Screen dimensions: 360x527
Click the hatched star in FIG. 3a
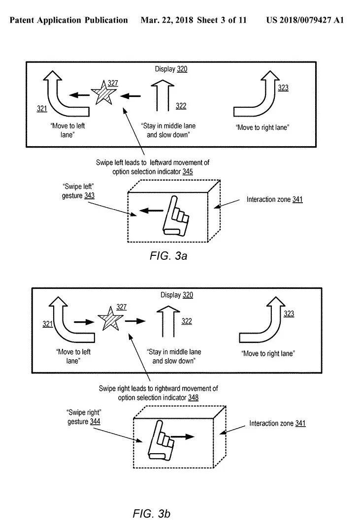(103, 93)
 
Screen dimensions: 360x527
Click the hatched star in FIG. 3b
(110, 319)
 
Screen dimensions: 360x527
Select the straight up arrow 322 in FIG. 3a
(163, 95)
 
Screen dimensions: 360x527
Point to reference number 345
(188, 172)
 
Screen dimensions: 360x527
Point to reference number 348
(193, 398)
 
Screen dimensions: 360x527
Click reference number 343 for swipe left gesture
(89, 196)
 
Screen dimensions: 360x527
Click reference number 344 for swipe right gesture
(95, 422)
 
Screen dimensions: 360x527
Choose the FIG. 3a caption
(168, 256)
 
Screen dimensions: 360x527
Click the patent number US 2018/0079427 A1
(305, 20)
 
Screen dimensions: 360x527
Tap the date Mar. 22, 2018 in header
(167, 20)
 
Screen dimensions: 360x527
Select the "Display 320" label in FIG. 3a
(171, 69)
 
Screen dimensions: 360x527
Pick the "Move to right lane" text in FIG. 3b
(268, 354)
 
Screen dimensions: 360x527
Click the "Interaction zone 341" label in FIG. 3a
(274, 199)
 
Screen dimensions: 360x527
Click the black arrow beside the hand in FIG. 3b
(182, 437)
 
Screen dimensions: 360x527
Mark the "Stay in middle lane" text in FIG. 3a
(168, 126)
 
